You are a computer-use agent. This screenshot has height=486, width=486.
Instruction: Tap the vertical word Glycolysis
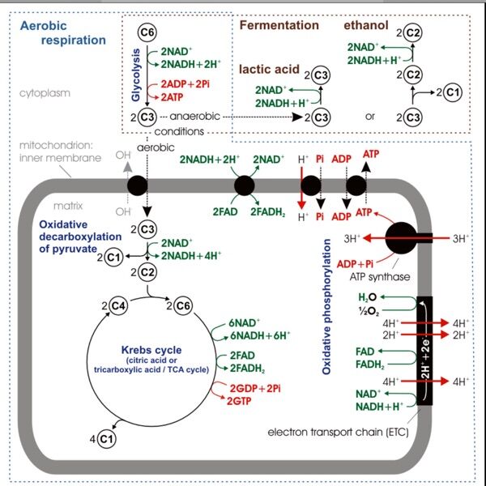tap(137, 73)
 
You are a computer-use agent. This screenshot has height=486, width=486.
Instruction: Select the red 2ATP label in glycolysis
tap(173, 96)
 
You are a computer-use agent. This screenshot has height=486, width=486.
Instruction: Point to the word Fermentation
tap(279, 25)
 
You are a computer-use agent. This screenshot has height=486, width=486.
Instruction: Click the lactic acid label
tap(270, 70)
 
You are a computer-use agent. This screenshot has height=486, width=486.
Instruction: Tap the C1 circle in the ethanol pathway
tap(452, 92)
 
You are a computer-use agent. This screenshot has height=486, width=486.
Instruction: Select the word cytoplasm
tap(45, 92)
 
